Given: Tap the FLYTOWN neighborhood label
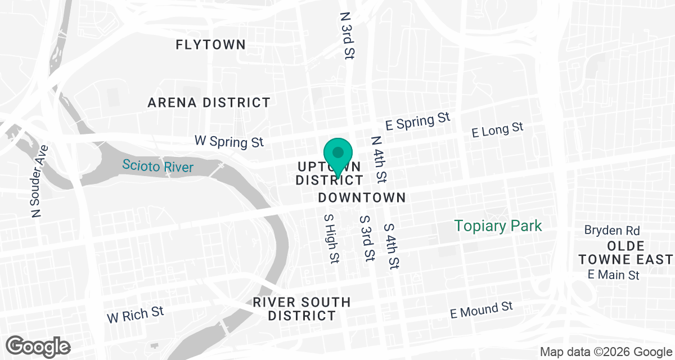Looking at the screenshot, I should pyautogui.click(x=210, y=45).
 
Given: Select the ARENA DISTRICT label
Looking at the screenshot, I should pyautogui.click(x=209, y=102).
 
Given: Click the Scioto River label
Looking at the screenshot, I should pyautogui.click(x=158, y=166).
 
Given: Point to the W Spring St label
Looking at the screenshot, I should pyautogui.click(x=229, y=141).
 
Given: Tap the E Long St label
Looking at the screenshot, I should pyautogui.click(x=498, y=130).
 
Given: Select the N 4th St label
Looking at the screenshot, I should pyautogui.click(x=379, y=160).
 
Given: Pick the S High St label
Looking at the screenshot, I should pyautogui.click(x=331, y=238).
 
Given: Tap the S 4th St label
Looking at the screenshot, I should pyautogui.click(x=391, y=245).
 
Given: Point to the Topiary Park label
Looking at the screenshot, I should pyautogui.click(x=498, y=226).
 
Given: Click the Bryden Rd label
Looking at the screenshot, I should pyautogui.click(x=611, y=230).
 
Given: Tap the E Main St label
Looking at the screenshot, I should pyautogui.click(x=614, y=275).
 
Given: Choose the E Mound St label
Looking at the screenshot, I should pyautogui.click(x=482, y=309).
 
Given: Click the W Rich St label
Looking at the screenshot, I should pyautogui.click(x=136, y=314).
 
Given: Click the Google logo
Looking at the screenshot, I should pyautogui.click(x=38, y=345).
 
